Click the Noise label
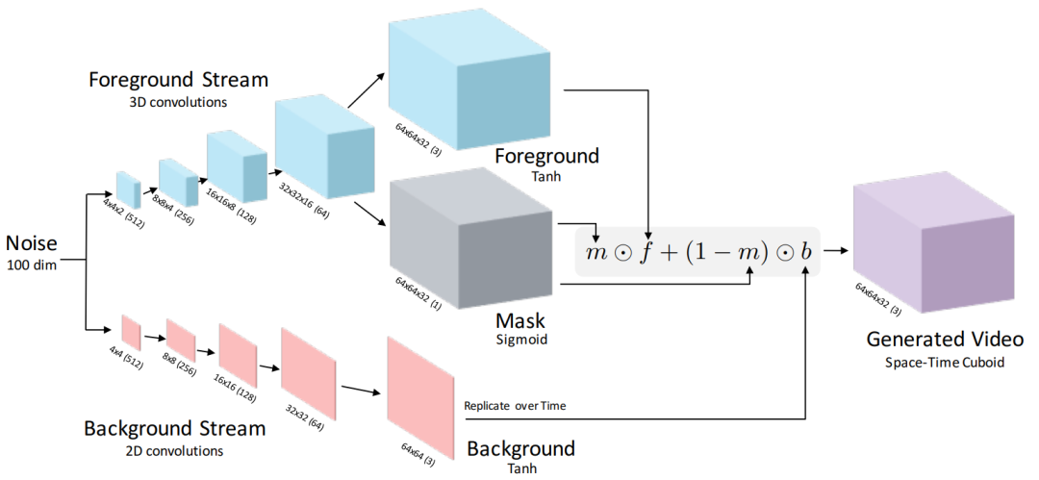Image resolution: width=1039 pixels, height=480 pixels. [31, 241]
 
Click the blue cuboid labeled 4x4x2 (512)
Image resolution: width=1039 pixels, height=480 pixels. [128, 189]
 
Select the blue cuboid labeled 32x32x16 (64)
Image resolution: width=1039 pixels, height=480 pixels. [323, 150]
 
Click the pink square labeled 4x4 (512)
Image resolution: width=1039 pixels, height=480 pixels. [131, 332]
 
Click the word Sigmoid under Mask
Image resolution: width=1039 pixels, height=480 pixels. [520, 339]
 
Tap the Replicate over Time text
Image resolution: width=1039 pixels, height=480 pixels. [515, 406]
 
